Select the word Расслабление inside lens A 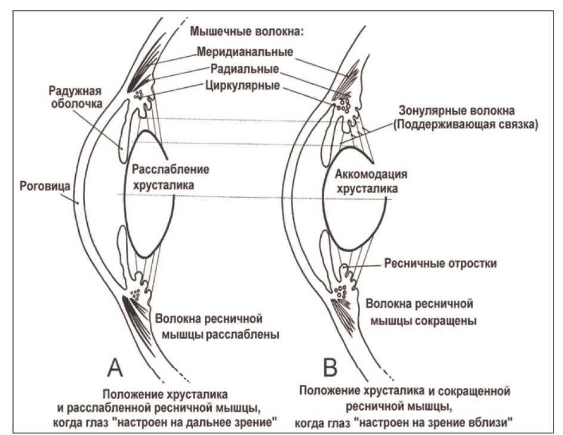[171, 169]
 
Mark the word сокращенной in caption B [474, 392]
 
